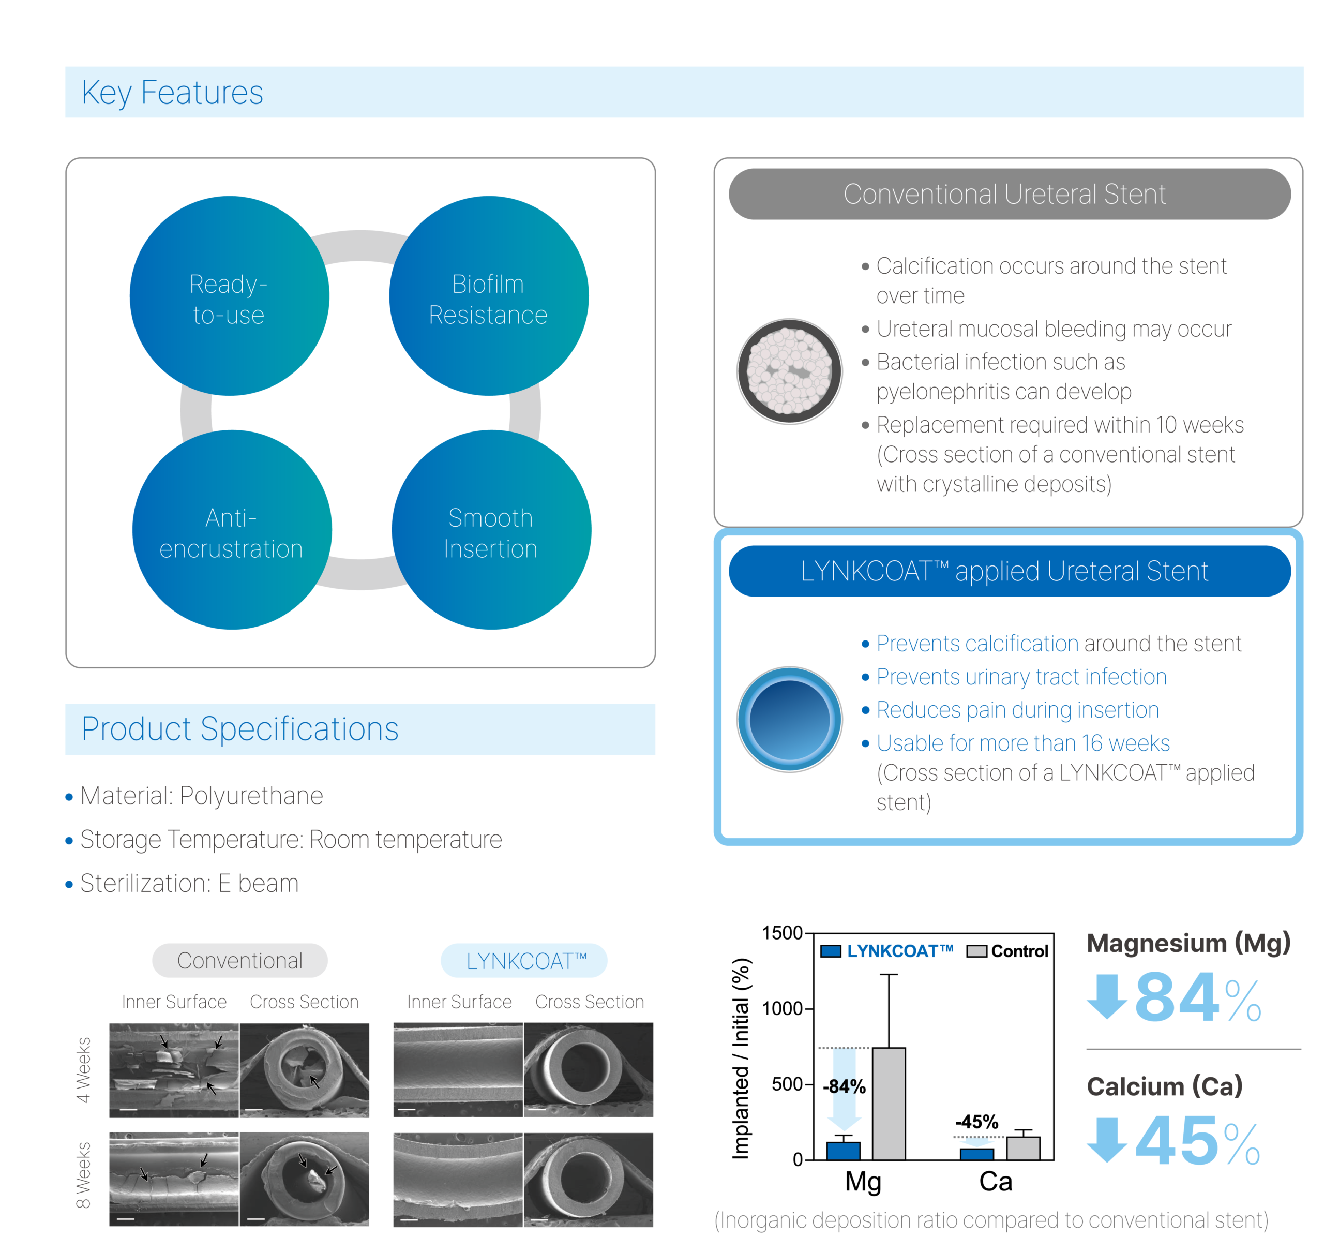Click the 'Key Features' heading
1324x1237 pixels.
[172, 92]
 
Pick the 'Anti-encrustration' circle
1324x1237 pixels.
[232, 530]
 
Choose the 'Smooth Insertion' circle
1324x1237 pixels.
[491, 530]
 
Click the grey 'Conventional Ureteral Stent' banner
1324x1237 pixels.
[1009, 194]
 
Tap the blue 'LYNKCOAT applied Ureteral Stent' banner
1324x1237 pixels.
[1009, 571]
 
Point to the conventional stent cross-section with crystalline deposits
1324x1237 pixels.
[789, 371]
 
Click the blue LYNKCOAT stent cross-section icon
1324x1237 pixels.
[789, 720]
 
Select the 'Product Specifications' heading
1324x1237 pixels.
[240, 729]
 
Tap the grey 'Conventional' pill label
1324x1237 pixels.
[240, 961]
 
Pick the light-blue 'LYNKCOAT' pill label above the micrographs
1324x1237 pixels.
[524, 961]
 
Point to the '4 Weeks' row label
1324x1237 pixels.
[83, 1070]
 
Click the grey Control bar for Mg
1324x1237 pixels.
[889, 1104]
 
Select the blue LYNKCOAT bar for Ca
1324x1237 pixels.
[976, 1154]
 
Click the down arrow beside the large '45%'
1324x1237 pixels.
[1107, 1140]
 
